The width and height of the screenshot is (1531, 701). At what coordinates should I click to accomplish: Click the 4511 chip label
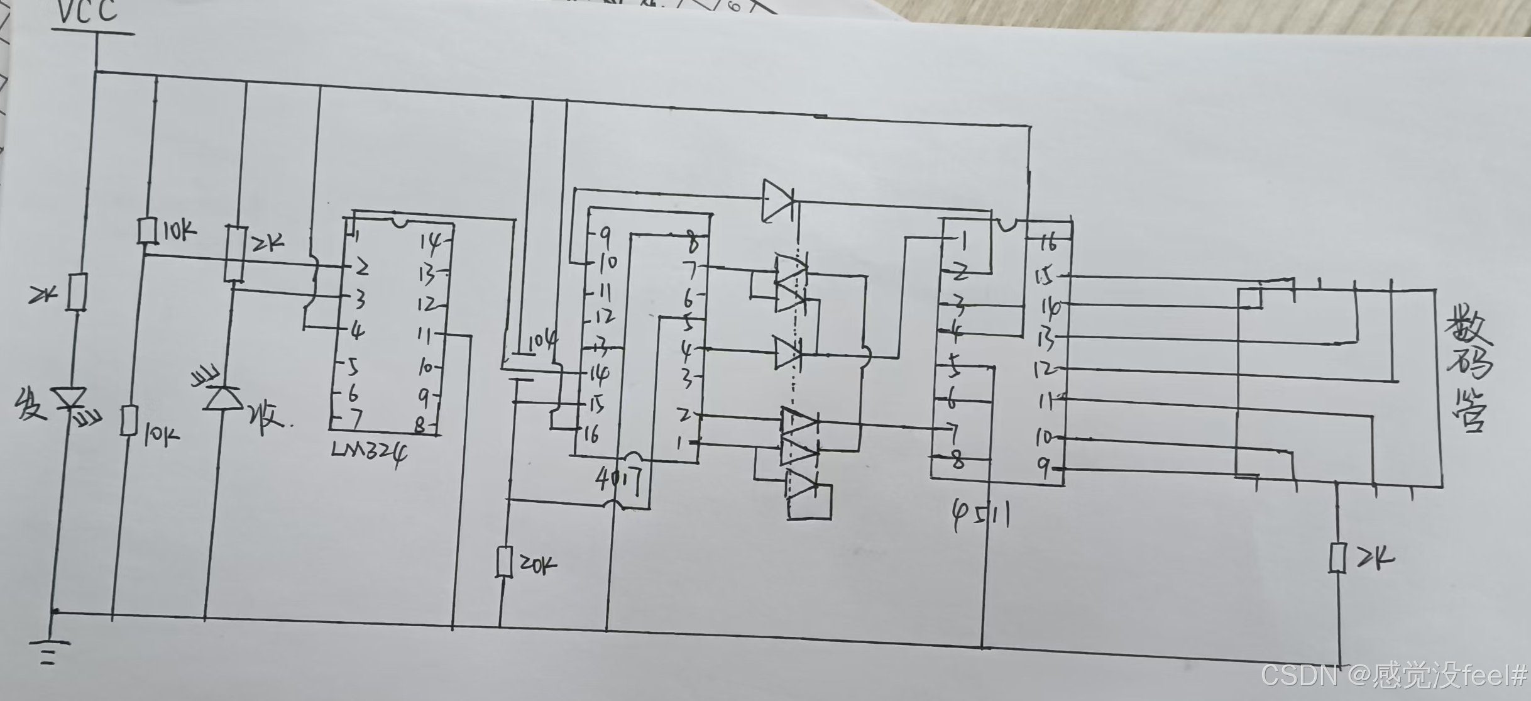point(981,516)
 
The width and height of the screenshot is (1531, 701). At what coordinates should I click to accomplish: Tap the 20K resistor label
point(538,565)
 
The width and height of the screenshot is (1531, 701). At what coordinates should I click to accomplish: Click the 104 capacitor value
point(542,342)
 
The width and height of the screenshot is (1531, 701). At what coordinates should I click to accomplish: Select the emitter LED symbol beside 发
point(69,399)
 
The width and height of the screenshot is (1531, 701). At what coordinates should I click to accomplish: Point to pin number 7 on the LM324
point(356,418)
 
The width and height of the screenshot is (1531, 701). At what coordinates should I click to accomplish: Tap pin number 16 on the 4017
point(591,434)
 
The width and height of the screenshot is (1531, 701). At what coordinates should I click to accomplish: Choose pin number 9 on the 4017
point(605,236)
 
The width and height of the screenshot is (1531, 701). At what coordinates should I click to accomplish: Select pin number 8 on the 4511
point(958,461)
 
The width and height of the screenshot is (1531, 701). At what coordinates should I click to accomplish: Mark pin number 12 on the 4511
point(1045,368)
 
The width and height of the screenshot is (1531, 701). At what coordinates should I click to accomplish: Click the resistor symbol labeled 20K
point(504,561)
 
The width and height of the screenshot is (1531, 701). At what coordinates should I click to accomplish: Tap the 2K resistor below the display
point(1337,558)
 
